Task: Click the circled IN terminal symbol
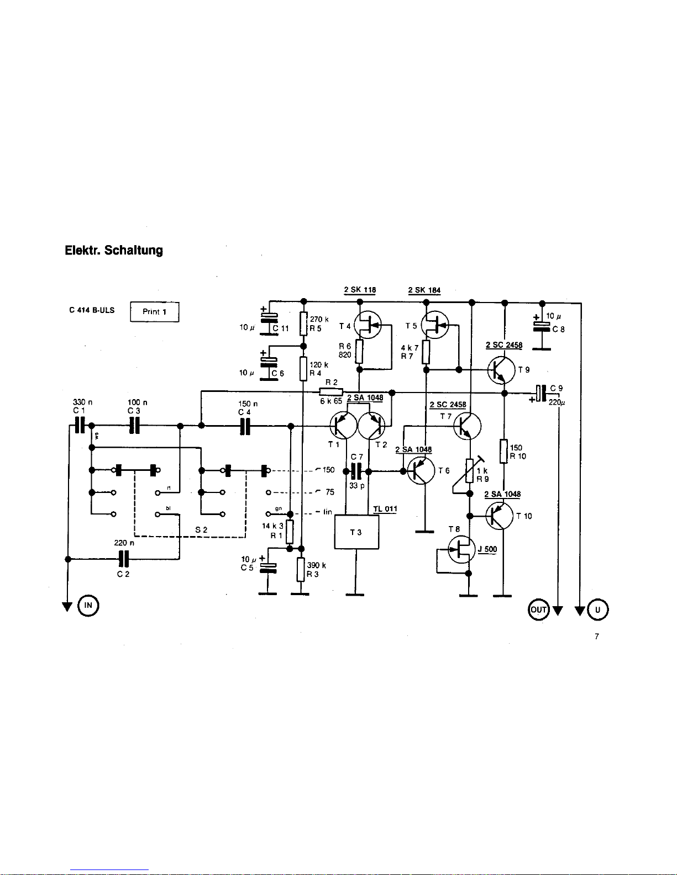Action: [88, 606]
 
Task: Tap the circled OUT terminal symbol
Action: [538, 609]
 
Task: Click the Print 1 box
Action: [154, 312]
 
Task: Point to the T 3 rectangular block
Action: [356, 532]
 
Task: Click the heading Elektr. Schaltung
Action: [114, 250]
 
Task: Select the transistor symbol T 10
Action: [500, 516]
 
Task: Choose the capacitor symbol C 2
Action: [123, 559]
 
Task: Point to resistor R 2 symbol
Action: [331, 392]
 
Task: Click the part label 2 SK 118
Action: [360, 290]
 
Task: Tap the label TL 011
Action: [385, 509]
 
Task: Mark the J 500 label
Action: [487, 549]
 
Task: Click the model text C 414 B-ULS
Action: [92, 310]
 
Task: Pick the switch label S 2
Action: [201, 529]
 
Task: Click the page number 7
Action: [597, 637]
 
